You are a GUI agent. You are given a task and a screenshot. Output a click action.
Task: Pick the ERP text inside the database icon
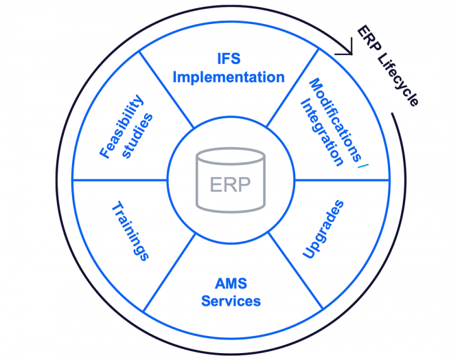pos(231,185)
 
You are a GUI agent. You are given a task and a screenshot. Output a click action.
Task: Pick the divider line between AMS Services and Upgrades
pos(295,272)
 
